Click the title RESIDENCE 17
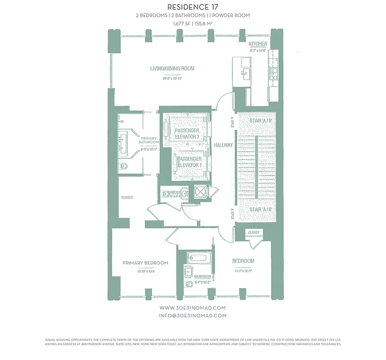(x=193, y=7)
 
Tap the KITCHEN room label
(x=258, y=44)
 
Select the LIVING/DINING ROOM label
(x=172, y=68)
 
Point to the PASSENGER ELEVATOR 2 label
(x=187, y=133)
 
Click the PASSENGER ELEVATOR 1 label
(x=190, y=162)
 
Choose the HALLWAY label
(x=223, y=145)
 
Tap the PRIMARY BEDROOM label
(x=145, y=263)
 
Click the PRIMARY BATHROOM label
(x=149, y=140)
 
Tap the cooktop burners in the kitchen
(x=272, y=73)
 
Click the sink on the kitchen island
(x=245, y=74)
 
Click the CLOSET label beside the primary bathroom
(x=127, y=197)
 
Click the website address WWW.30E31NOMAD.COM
(x=193, y=308)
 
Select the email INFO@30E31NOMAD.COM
(x=193, y=315)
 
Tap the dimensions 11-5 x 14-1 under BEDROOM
(x=243, y=271)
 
